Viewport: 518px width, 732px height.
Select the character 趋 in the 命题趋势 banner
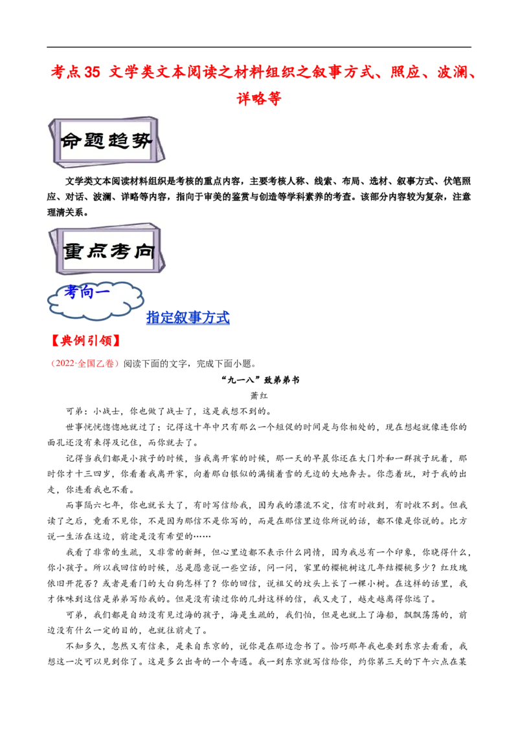[x=118, y=141]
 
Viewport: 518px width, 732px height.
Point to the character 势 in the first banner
[x=142, y=141]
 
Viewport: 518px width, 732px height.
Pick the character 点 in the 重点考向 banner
[x=97, y=251]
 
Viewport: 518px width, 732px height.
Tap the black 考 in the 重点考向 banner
[x=120, y=251]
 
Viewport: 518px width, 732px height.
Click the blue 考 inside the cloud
[x=71, y=292]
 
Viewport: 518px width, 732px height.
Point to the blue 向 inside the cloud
[x=87, y=292]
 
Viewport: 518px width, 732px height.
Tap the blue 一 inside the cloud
[x=102, y=292]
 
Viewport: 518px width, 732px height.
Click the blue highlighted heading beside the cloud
[x=188, y=318]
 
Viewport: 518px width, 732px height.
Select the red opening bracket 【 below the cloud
[x=54, y=339]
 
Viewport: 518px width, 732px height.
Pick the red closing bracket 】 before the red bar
[x=116, y=339]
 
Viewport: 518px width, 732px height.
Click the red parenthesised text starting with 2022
[x=85, y=364]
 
